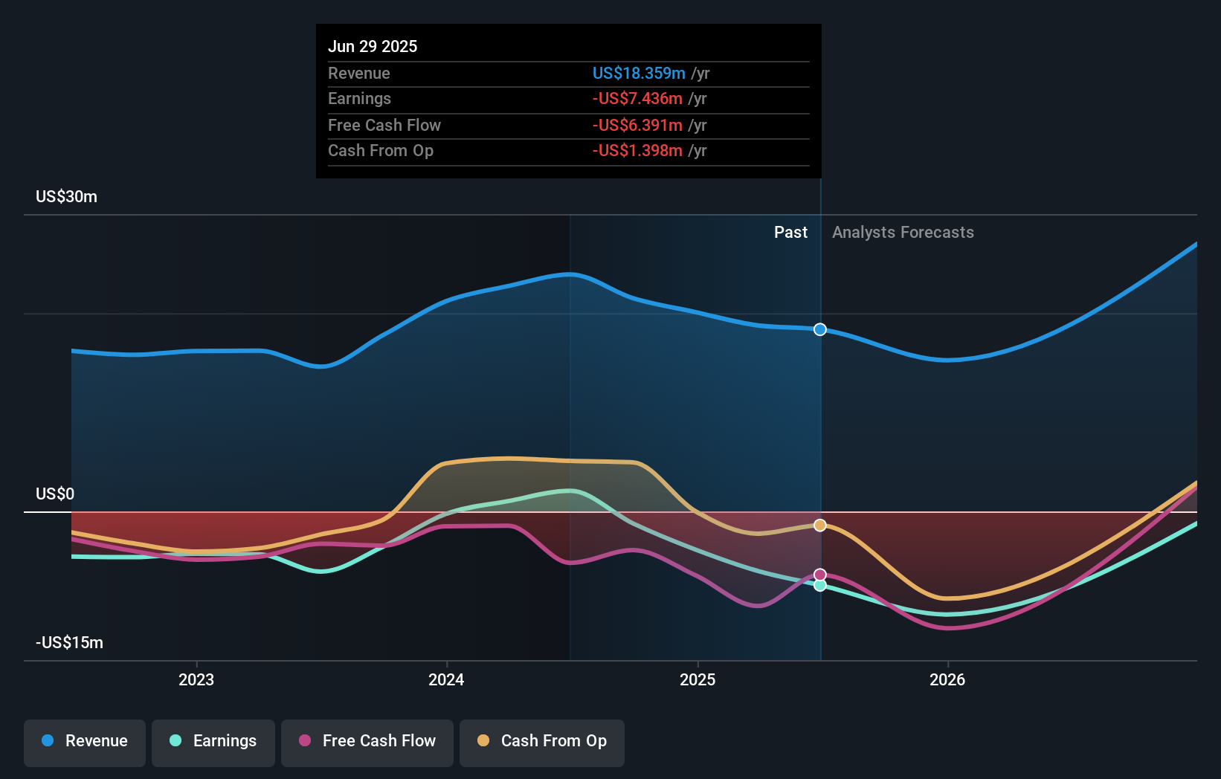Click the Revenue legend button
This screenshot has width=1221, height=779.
tap(85, 741)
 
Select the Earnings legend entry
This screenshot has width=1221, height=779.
tap(213, 741)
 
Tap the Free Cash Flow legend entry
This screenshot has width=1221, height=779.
tap(367, 741)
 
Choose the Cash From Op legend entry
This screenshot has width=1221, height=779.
tap(542, 741)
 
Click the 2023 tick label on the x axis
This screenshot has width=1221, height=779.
tap(196, 680)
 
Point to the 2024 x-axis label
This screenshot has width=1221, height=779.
tap(446, 680)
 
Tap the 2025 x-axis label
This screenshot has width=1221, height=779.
tap(698, 680)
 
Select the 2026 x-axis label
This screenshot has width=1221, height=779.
tap(947, 680)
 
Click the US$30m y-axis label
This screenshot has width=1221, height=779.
tap(67, 197)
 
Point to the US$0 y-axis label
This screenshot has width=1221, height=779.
tap(55, 494)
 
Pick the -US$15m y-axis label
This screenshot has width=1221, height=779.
tap(70, 643)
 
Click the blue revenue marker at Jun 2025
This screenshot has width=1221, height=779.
tap(819, 329)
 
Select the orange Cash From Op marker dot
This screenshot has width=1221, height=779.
tap(819, 526)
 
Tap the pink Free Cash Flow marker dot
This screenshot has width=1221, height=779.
tap(819, 575)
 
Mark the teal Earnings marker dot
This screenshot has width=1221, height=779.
tap(819, 586)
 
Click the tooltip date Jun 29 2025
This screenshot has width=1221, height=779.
tap(373, 47)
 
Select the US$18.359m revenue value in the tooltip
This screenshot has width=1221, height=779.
tap(639, 74)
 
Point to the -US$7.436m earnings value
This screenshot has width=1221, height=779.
tap(637, 99)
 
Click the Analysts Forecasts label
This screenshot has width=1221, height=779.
tap(903, 233)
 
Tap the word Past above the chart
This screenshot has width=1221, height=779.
tap(790, 233)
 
